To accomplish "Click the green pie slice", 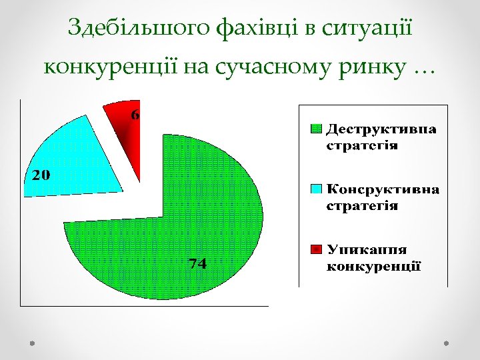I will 200,220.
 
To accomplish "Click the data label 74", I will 197,263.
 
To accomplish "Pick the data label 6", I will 135,115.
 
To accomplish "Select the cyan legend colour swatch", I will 317,189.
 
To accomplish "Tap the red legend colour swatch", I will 317,249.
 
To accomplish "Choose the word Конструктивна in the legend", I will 383,189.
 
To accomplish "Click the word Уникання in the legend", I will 367,249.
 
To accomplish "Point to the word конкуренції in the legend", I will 373,267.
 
